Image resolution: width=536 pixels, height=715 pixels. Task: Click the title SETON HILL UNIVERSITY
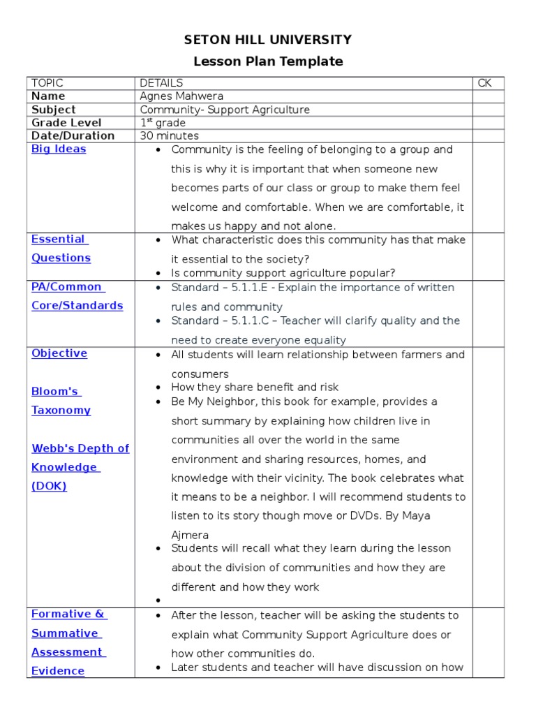pos(267,40)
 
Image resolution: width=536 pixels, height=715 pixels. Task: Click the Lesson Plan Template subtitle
pos(267,61)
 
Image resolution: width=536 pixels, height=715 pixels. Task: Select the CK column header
pos(484,83)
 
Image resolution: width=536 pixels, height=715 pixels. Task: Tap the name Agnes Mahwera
pos(181,96)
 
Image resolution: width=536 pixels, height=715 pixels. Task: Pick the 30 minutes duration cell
pos(169,136)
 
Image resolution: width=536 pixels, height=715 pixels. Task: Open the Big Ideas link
pos(59,149)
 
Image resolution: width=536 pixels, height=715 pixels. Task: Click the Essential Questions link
pos(61,249)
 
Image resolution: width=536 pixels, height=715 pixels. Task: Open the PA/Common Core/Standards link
pos(77,296)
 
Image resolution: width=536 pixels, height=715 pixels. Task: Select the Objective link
pos(59,353)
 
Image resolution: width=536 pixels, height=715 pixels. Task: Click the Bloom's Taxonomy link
pos(61,401)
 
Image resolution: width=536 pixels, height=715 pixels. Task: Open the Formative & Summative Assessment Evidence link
pos(68,642)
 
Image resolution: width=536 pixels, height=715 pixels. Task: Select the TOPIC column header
pos(47,83)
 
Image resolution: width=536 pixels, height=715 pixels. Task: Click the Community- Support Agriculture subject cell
pos(224,110)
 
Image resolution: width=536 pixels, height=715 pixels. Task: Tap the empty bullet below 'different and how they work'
pos(159,600)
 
